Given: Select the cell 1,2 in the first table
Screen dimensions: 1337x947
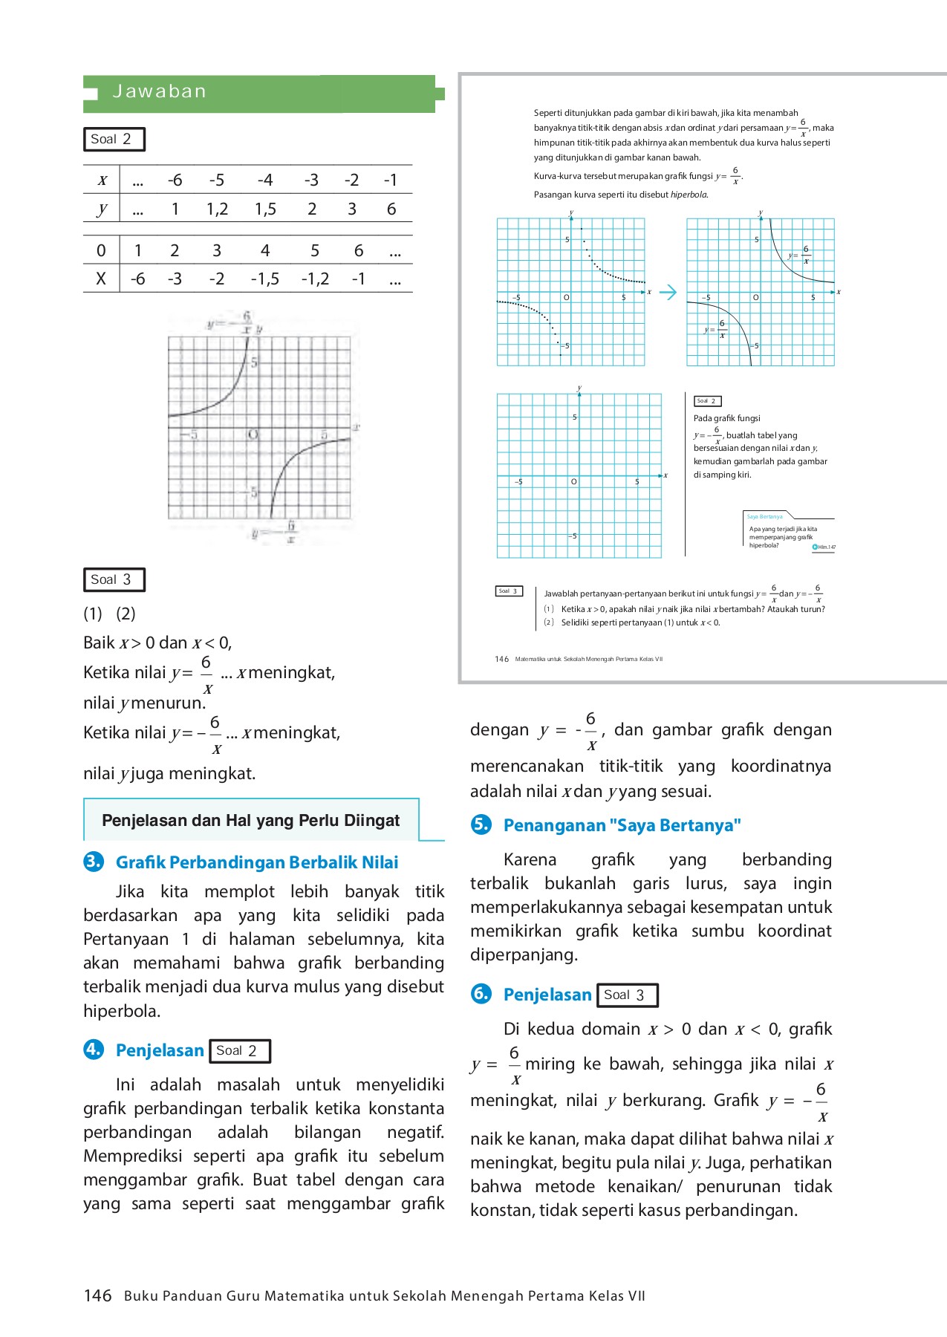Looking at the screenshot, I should click(217, 209).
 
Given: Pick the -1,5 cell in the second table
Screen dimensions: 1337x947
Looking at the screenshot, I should click(264, 279).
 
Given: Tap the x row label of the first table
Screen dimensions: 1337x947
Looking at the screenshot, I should click(102, 180).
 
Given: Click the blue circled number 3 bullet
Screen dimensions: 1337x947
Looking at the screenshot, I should click(93, 862).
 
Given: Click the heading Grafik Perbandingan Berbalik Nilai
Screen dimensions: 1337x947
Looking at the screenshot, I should click(257, 862).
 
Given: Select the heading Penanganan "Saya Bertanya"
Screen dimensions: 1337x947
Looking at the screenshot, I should click(622, 825).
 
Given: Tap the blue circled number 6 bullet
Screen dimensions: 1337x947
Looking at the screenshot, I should click(481, 994).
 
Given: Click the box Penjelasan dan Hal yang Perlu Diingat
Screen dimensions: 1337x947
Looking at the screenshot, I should click(251, 820).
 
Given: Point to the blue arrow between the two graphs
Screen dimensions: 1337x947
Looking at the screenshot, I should click(668, 292).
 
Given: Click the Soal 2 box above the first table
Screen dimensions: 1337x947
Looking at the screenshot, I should click(113, 139).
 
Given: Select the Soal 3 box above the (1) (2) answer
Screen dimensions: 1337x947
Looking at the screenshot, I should click(113, 579).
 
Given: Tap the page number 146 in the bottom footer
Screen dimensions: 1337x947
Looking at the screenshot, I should click(97, 1296).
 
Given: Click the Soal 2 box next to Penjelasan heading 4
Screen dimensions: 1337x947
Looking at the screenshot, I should click(239, 1051).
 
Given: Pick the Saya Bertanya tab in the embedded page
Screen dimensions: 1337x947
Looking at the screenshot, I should click(765, 516).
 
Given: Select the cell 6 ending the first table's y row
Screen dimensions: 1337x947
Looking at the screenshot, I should click(391, 209).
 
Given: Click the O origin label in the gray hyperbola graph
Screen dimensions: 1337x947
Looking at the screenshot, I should click(253, 435).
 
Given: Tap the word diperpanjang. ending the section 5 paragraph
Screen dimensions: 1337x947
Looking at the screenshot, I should click(524, 954).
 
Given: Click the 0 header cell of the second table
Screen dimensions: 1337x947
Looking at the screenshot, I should click(101, 251).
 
